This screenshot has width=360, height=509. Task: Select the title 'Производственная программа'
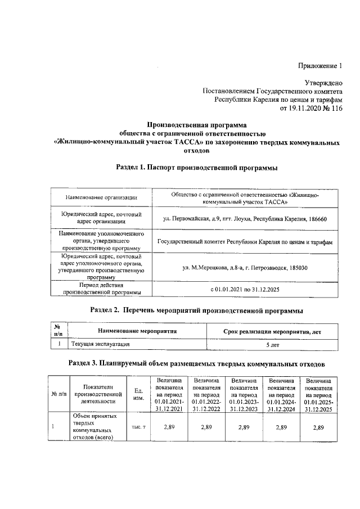click(x=197, y=124)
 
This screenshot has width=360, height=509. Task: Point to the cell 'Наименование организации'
click(x=101, y=197)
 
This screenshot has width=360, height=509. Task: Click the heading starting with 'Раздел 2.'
click(x=197, y=310)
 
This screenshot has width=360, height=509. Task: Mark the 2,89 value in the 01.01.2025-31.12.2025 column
click(x=319, y=428)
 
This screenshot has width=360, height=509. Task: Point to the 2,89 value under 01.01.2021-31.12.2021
click(x=169, y=428)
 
